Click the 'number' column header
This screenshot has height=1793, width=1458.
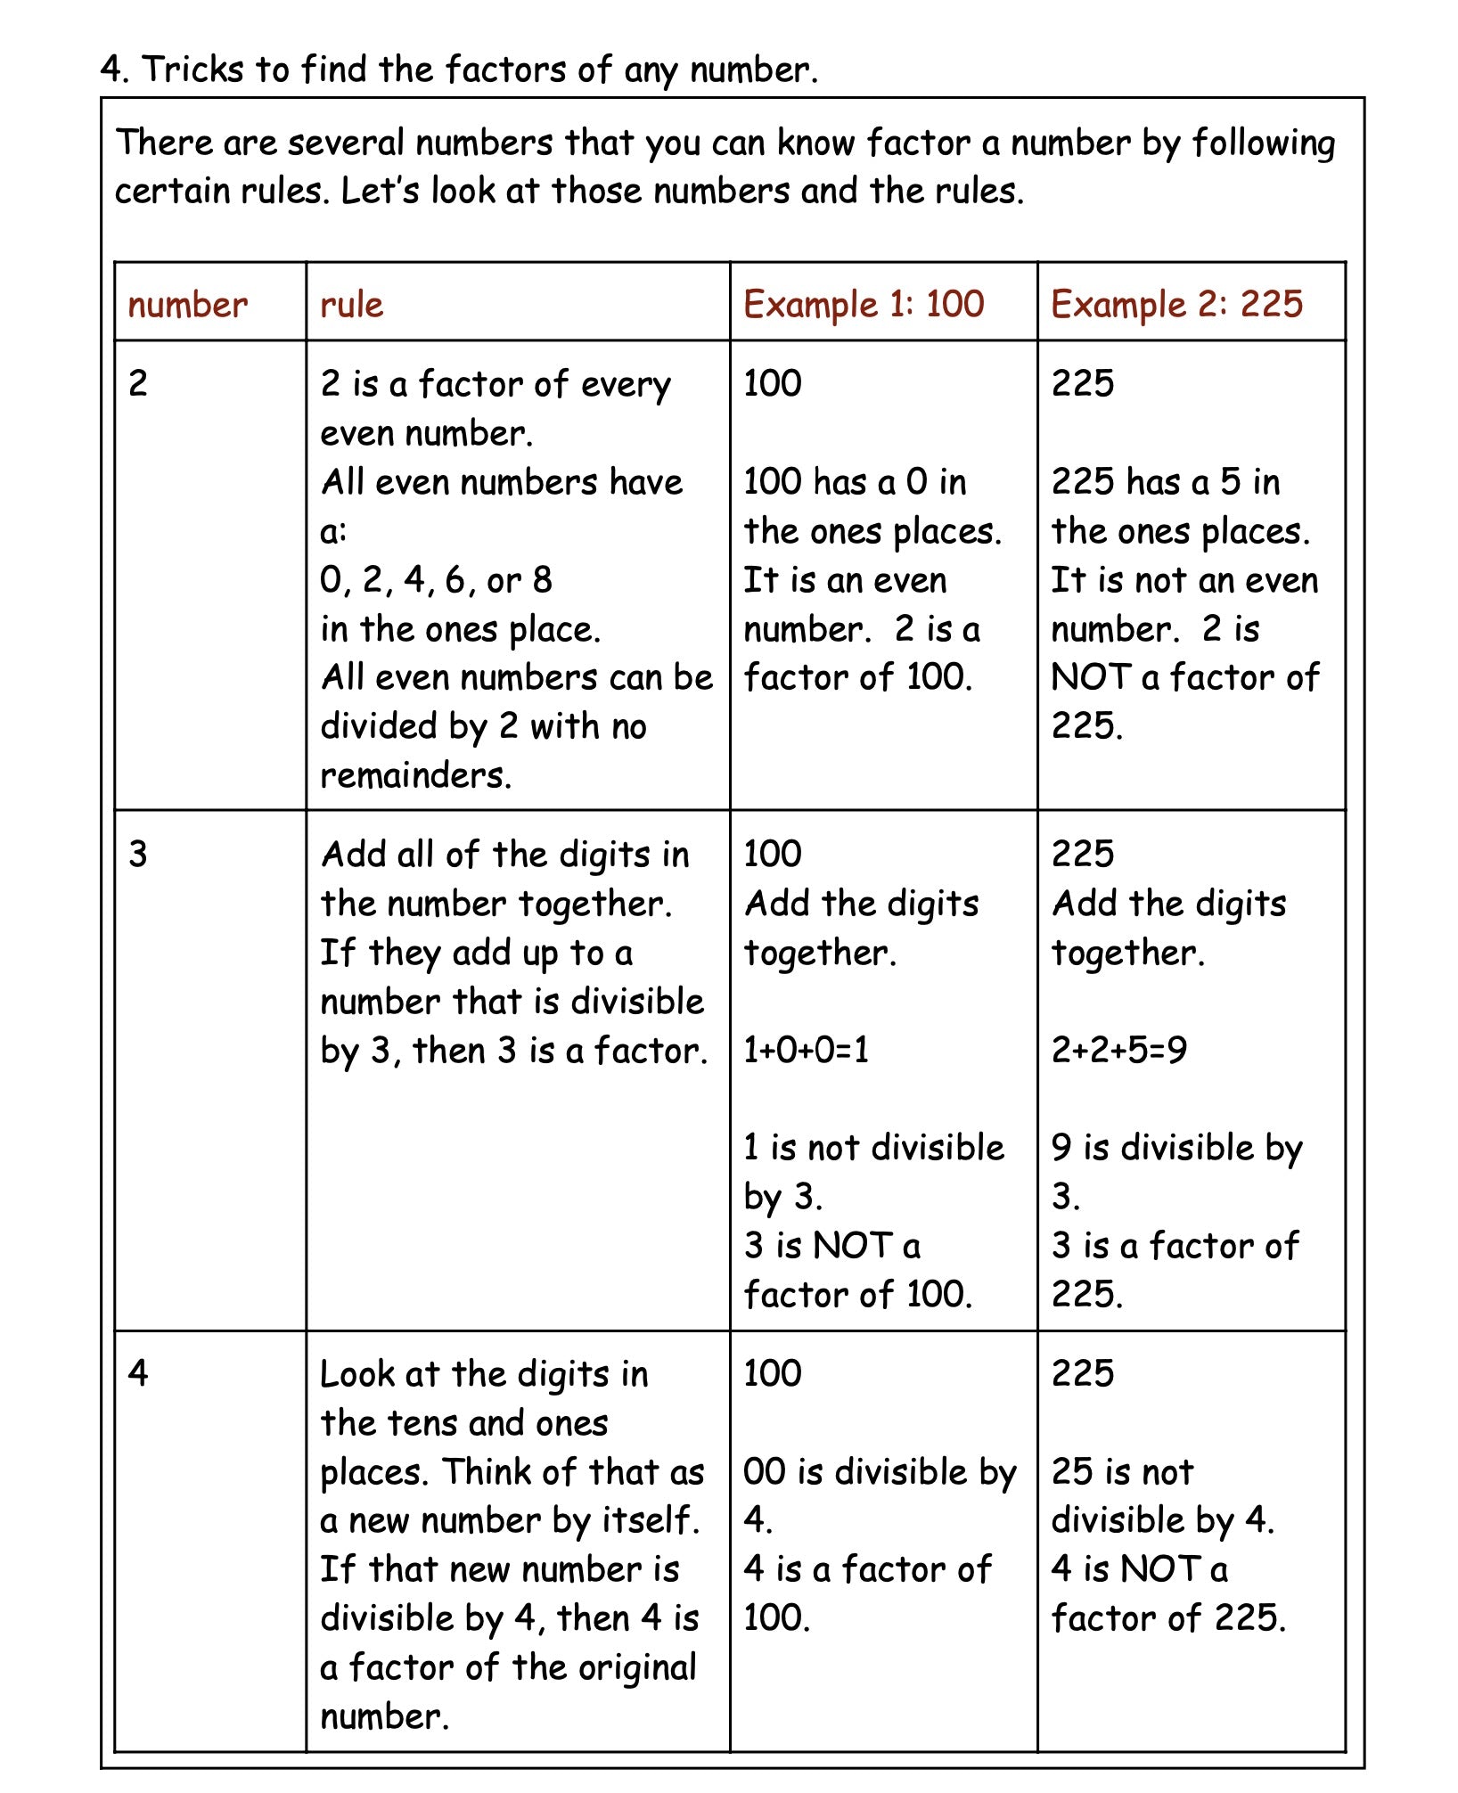[x=187, y=305]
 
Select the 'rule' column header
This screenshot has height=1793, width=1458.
[x=351, y=305]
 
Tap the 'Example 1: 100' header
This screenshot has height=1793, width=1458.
[x=864, y=305]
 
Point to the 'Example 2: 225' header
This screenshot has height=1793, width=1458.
[x=1176, y=305]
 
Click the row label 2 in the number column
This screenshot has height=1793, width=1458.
[x=138, y=383]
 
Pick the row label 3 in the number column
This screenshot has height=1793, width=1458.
[x=138, y=854]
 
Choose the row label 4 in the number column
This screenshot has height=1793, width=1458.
[x=138, y=1372]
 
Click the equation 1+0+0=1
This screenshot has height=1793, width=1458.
[x=806, y=1050]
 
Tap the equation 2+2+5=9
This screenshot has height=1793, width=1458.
[x=1118, y=1050]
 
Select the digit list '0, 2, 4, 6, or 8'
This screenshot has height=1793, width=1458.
[x=436, y=580]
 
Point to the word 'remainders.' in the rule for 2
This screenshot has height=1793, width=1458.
[x=415, y=775]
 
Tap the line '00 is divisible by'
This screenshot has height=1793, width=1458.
[x=880, y=1471]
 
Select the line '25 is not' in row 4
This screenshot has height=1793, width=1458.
[x=1122, y=1471]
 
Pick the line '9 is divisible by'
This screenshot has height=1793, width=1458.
[x=1176, y=1148]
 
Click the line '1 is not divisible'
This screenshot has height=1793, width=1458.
[x=873, y=1148]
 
